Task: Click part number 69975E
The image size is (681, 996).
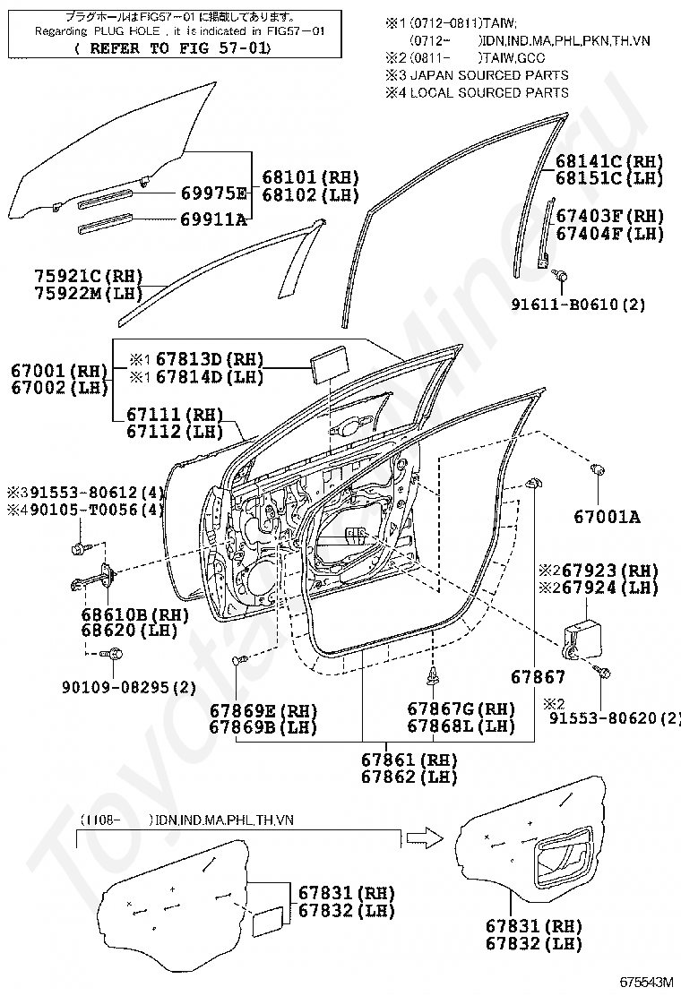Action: click(214, 193)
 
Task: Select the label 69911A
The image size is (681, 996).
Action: click(213, 219)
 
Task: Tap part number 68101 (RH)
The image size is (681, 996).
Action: click(311, 177)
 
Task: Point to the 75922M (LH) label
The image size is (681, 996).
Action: click(89, 294)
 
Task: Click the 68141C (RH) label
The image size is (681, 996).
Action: click(609, 161)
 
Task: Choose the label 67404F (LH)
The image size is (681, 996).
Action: click(610, 234)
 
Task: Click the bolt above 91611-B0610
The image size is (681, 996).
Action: click(560, 276)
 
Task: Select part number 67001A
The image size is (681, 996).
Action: click(608, 517)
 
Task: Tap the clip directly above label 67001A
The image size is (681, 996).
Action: click(597, 471)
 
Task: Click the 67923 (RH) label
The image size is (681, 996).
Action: click(606, 570)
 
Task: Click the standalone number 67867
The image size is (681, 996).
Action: click(538, 677)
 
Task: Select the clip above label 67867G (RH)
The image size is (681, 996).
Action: click(434, 677)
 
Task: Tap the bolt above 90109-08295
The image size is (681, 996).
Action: click(114, 653)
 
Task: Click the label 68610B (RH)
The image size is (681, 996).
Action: click(135, 614)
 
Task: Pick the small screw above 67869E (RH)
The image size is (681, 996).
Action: click(239, 661)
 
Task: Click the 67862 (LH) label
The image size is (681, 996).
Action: click(409, 777)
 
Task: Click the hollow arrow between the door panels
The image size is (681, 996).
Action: click(425, 837)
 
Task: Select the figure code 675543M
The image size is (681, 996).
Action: click(647, 982)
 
